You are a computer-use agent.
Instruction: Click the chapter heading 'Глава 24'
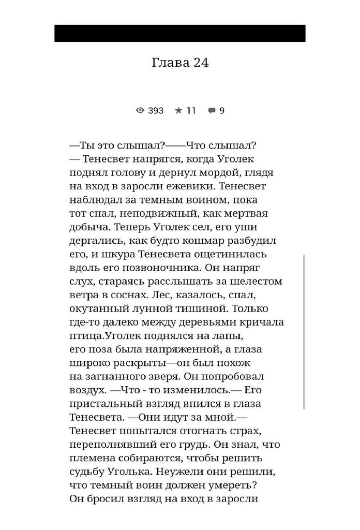(180, 63)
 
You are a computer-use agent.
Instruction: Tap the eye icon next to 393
(140, 110)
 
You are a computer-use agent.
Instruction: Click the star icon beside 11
(178, 110)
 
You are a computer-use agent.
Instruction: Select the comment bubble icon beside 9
(212, 110)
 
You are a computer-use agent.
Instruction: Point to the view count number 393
(156, 110)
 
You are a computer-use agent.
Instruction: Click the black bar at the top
(180, 33)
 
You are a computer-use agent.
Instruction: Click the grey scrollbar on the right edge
(305, 331)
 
